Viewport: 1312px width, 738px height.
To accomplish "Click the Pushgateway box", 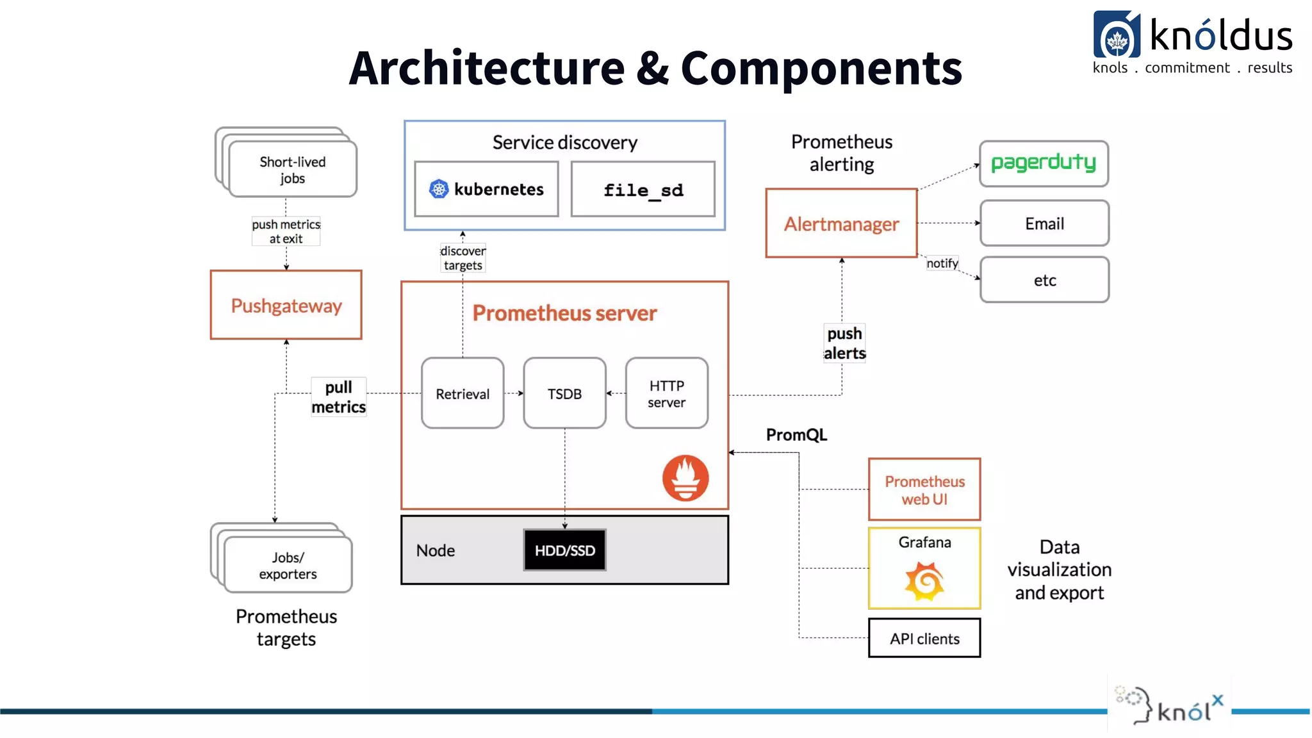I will tap(286, 305).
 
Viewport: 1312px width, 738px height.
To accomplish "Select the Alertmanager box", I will tap(841, 224).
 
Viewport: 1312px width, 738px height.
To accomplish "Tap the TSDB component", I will tap(564, 393).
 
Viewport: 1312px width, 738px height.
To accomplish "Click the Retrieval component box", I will tap(463, 393).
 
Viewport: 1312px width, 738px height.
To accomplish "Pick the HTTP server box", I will tap(666, 393).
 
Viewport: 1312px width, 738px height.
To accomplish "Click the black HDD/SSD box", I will tap(564, 550).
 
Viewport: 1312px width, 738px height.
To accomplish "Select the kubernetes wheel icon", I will tap(439, 189).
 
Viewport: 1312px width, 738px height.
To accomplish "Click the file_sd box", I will tap(643, 190).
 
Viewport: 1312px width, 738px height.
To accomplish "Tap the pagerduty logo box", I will tap(1044, 164).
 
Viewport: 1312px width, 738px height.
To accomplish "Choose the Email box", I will tap(1044, 224).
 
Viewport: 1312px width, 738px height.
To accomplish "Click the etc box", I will tap(1044, 280).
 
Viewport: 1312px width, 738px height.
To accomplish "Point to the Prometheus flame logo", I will tap(685, 478).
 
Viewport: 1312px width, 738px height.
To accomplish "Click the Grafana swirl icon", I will tap(924, 581).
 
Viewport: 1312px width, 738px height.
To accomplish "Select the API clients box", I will tap(924, 638).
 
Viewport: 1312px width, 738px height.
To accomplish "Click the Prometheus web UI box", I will tap(924, 490).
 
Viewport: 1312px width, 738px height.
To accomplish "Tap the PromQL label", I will tap(796, 435).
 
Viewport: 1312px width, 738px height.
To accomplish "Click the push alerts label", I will tap(844, 343).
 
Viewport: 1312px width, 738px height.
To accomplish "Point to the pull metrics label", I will tap(338, 397).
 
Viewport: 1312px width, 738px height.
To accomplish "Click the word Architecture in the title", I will tap(487, 69).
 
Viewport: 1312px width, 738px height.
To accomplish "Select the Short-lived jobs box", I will tap(292, 170).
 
